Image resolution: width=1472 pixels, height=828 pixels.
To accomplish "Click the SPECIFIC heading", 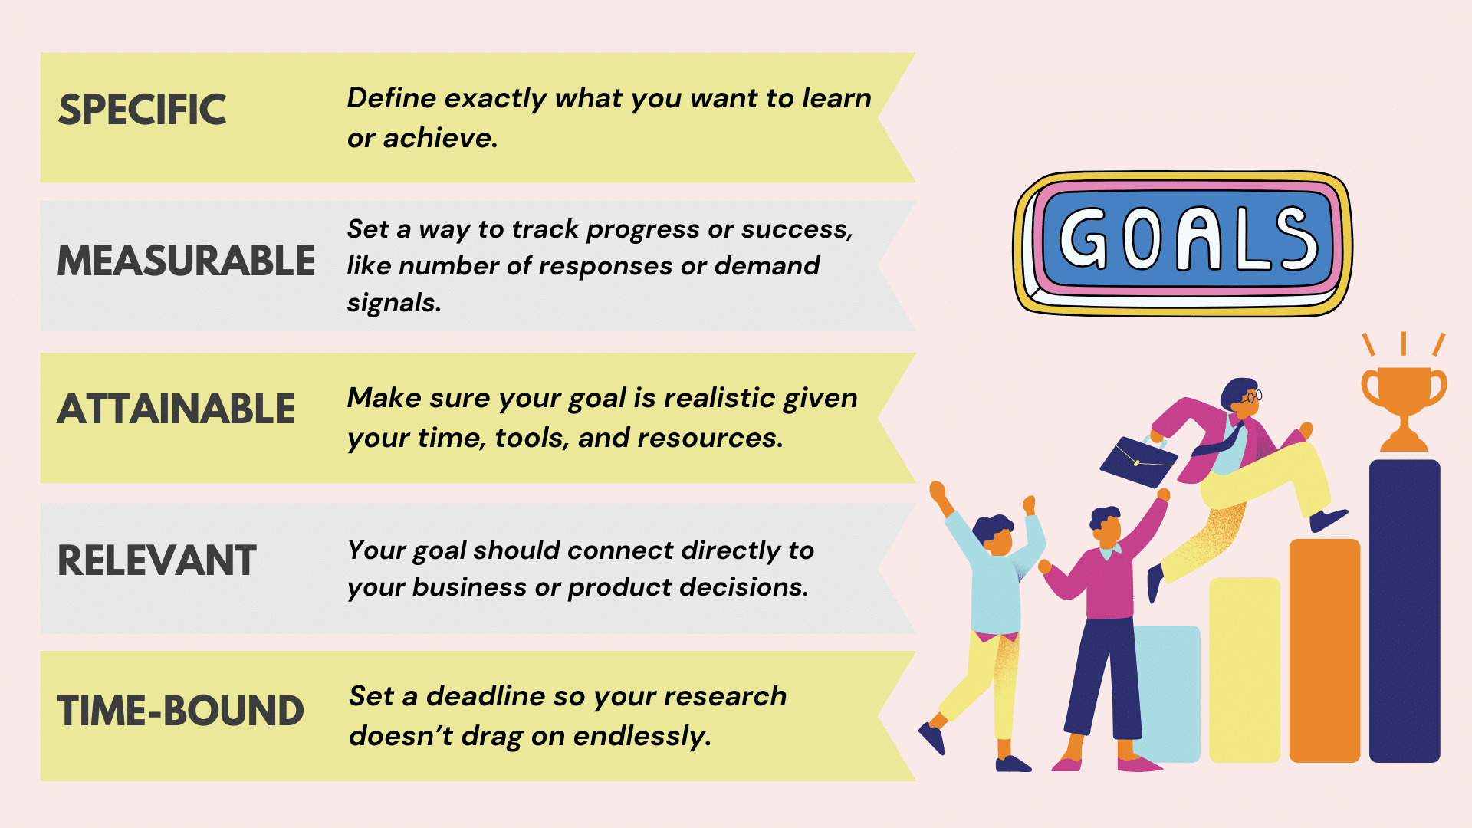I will coord(143,110).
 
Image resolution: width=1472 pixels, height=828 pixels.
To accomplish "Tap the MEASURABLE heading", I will coord(186,261).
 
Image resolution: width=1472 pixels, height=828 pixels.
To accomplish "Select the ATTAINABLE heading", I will coord(176,409).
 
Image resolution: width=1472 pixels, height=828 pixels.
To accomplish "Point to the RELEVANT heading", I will coord(157,560).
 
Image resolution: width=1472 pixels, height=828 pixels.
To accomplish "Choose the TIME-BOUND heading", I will coord(181,711).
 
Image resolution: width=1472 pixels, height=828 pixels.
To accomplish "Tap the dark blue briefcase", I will coord(1138,462).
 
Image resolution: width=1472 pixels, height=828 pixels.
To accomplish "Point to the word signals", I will coord(393,303).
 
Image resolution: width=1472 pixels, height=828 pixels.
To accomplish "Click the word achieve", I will coord(440,138).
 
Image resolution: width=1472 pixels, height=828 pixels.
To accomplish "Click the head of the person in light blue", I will coord(994,534).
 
